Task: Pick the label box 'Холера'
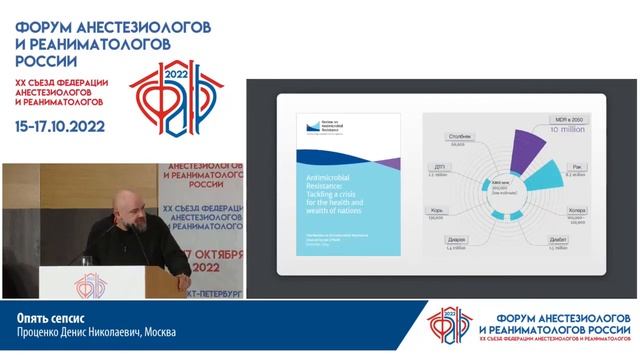(x=576, y=212)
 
